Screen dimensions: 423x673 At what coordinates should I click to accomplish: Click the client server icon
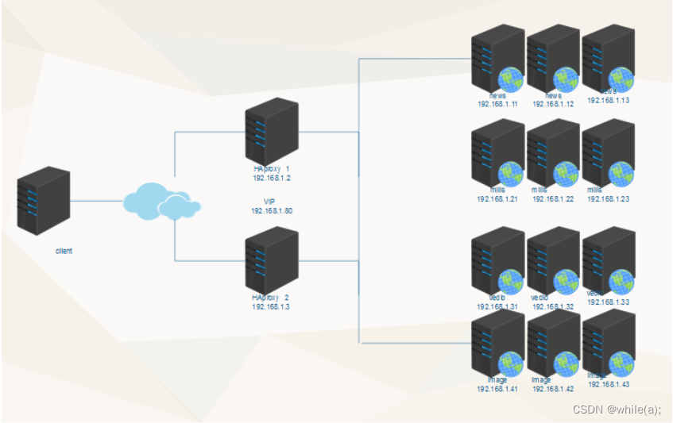43,199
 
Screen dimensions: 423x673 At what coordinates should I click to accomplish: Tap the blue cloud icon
161,202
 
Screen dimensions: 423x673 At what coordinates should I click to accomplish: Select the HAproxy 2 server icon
271,260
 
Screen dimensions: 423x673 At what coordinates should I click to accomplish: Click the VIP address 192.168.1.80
271,211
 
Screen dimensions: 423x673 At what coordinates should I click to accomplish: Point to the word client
64,251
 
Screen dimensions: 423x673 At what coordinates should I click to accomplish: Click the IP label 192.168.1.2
271,179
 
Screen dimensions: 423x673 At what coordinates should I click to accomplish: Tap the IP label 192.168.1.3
271,306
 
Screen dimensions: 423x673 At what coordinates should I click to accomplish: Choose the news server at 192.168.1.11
497,60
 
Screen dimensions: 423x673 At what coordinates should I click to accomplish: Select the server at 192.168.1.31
497,261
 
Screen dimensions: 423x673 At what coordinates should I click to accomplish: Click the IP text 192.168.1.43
609,384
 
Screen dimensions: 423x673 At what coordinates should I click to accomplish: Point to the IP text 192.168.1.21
497,199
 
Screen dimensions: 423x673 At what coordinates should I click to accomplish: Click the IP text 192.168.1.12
553,104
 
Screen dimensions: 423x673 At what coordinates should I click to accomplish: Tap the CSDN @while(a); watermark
617,410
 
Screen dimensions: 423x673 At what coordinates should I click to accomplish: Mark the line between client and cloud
97,202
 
